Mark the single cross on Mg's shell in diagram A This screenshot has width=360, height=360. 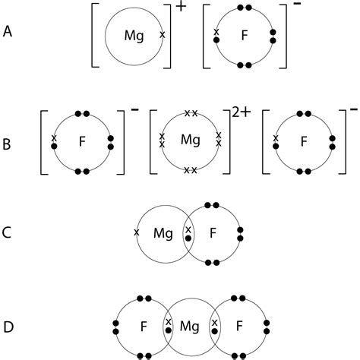click(x=161, y=35)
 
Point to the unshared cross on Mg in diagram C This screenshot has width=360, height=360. click(x=137, y=232)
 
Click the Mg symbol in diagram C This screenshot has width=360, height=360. click(x=163, y=232)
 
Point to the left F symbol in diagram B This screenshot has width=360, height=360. click(x=81, y=141)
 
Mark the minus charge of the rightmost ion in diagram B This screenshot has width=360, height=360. click(x=353, y=111)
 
